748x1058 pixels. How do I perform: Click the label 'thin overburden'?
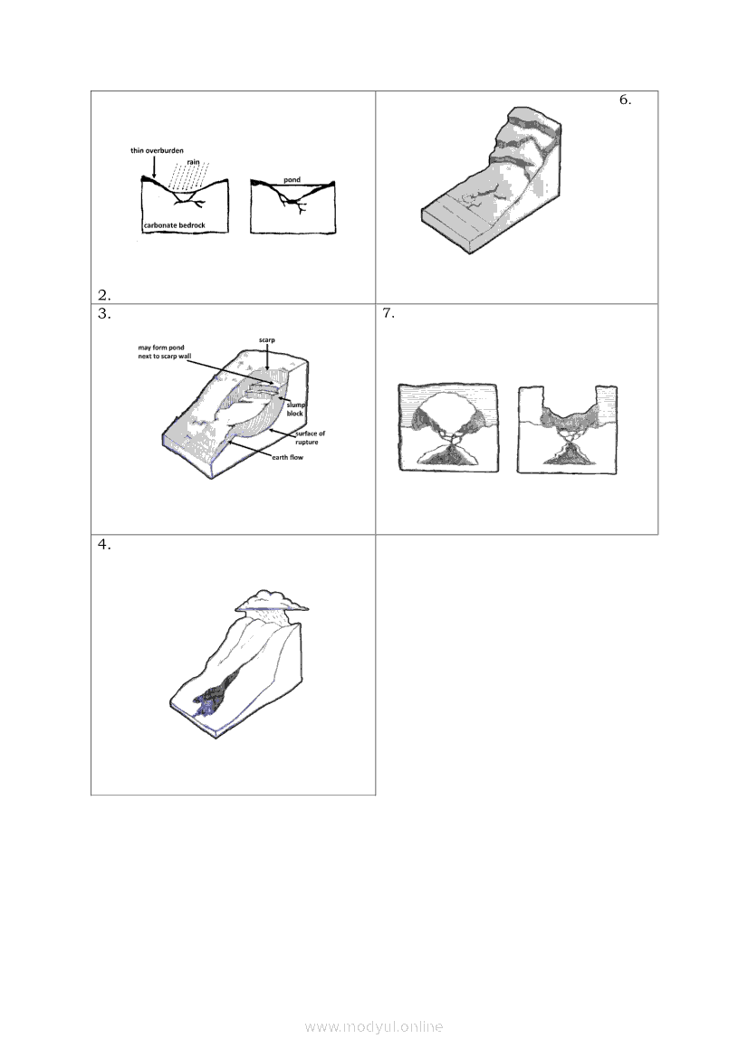click(157, 150)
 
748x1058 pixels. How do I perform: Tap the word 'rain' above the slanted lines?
click(194, 162)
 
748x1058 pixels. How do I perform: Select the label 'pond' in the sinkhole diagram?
click(292, 179)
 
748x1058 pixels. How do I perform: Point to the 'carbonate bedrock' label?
click(174, 225)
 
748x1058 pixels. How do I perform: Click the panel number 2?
click(104, 295)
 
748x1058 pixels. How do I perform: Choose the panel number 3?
click(104, 313)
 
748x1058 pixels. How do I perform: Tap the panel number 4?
click(104, 545)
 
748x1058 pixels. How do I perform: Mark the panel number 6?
click(625, 100)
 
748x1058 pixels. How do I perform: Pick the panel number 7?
click(388, 313)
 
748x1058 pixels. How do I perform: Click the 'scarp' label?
click(266, 340)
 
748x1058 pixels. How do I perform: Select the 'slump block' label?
click(296, 409)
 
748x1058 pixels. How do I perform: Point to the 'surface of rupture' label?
click(310, 437)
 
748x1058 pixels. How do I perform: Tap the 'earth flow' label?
click(288, 457)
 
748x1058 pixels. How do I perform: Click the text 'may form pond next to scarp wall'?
click(165, 351)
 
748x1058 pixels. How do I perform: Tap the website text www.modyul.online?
click(374, 1026)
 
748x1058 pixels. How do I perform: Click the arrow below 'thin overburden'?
click(154, 167)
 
